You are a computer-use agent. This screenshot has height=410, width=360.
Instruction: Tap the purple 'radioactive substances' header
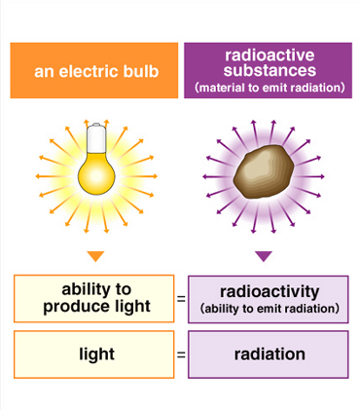268,69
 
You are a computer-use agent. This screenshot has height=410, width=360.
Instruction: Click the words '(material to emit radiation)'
268,88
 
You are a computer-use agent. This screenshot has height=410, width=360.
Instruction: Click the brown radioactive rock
264,175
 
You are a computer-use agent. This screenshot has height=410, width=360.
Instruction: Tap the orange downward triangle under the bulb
94,256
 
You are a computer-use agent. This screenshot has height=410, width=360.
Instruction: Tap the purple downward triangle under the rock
264,256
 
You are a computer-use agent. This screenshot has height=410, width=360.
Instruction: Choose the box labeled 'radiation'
269,354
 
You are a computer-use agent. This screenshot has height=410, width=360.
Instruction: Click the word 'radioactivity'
269,291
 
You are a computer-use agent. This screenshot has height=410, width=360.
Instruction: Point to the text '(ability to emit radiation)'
269,309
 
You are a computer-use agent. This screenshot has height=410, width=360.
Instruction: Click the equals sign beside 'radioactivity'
181,299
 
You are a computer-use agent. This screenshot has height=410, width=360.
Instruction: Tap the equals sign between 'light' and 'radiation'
181,354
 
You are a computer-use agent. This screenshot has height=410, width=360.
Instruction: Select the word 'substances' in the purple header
268,70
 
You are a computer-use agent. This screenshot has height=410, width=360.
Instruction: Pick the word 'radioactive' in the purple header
268,56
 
